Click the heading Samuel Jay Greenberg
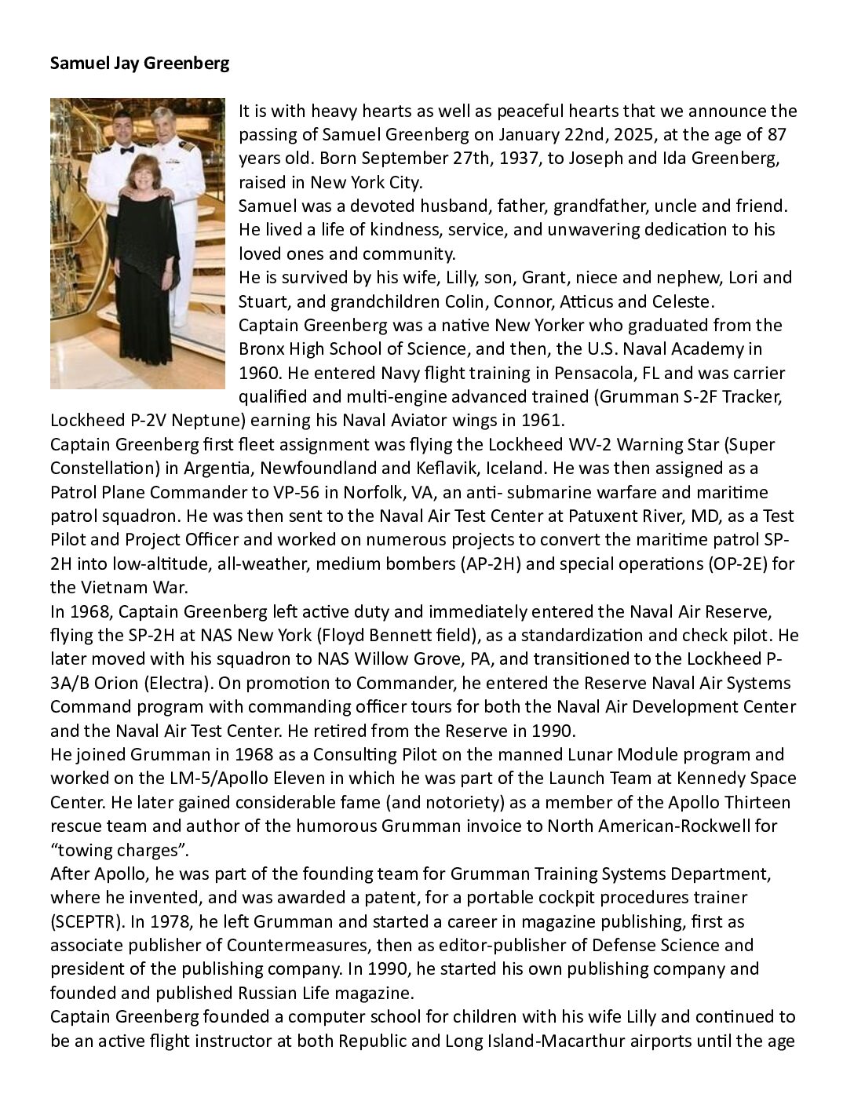click(x=140, y=64)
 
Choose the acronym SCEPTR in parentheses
click(x=85, y=921)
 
